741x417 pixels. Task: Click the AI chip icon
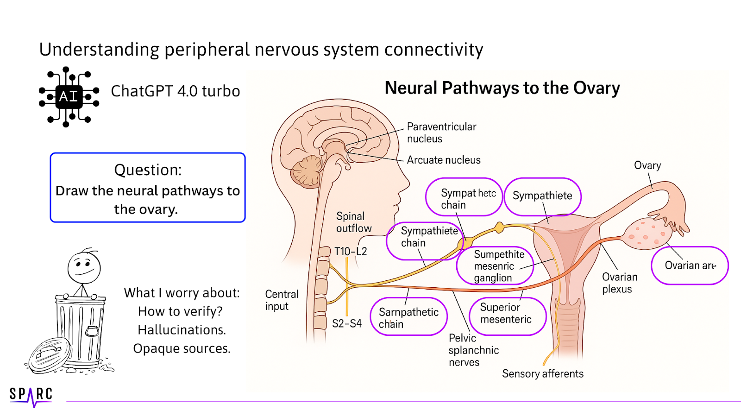[69, 96]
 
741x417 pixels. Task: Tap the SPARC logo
[31, 395]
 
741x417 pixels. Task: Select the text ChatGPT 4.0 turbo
[175, 91]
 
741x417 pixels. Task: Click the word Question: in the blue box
[148, 170]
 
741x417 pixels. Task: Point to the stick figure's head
[84, 267]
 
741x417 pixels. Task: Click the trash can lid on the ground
[50, 354]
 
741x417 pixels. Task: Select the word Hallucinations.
[182, 330]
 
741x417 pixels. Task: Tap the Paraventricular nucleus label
[441, 133]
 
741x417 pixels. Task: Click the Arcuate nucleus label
[443, 160]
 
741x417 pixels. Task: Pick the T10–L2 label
[351, 252]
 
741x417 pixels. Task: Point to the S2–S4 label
[346, 323]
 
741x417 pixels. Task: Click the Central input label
[282, 300]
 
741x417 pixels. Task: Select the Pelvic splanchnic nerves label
[473, 350]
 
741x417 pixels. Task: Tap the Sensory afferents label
[542, 373]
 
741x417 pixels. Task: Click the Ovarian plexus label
[619, 283]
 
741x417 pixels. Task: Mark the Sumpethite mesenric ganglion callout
[495, 266]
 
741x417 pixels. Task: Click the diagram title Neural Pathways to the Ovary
[502, 88]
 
